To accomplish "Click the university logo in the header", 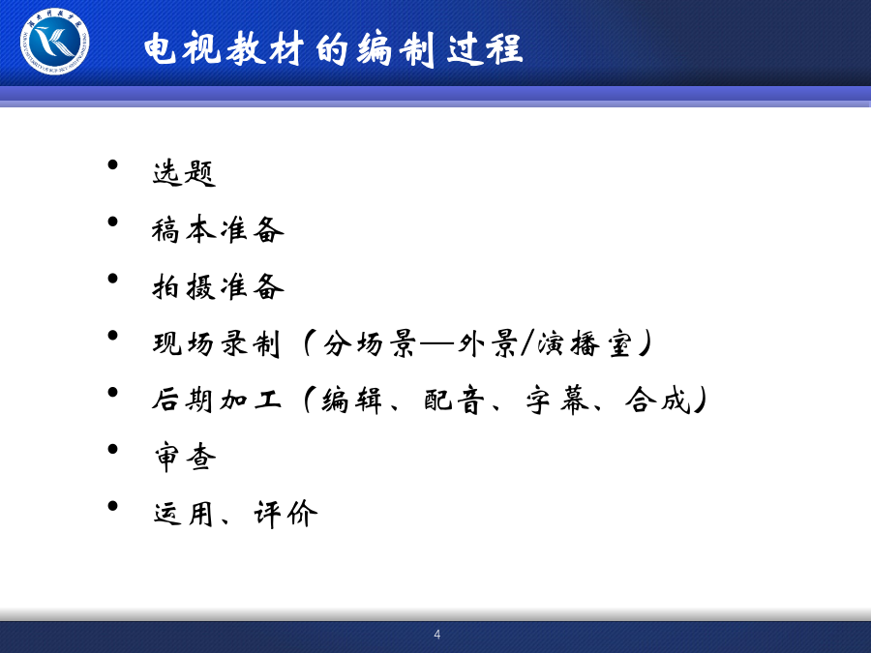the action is (x=54, y=42).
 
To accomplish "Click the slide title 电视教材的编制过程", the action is (x=333, y=49).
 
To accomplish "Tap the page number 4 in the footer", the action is (x=437, y=634).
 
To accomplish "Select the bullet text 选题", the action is (x=184, y=173).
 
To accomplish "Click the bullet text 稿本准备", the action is (x=218, y=229).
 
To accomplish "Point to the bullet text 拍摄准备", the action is (x=218, y=286).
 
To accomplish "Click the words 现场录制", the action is (x=216, y=343).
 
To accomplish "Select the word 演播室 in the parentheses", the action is (x=585, y=343).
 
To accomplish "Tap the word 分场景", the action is (x=370, y=343).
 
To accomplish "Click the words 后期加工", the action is (x=217, y=400).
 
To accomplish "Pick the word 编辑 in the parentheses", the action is (x=351, y=401).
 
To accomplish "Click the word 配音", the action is (x=454, y=401).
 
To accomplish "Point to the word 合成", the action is (x=658, y=400).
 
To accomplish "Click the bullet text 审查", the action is (x=185, y=458).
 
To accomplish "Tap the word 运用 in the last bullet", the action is (x=184, y=515).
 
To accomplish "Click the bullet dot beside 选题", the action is (x=113, y=164).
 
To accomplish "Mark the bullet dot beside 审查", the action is (x=113, y=449).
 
